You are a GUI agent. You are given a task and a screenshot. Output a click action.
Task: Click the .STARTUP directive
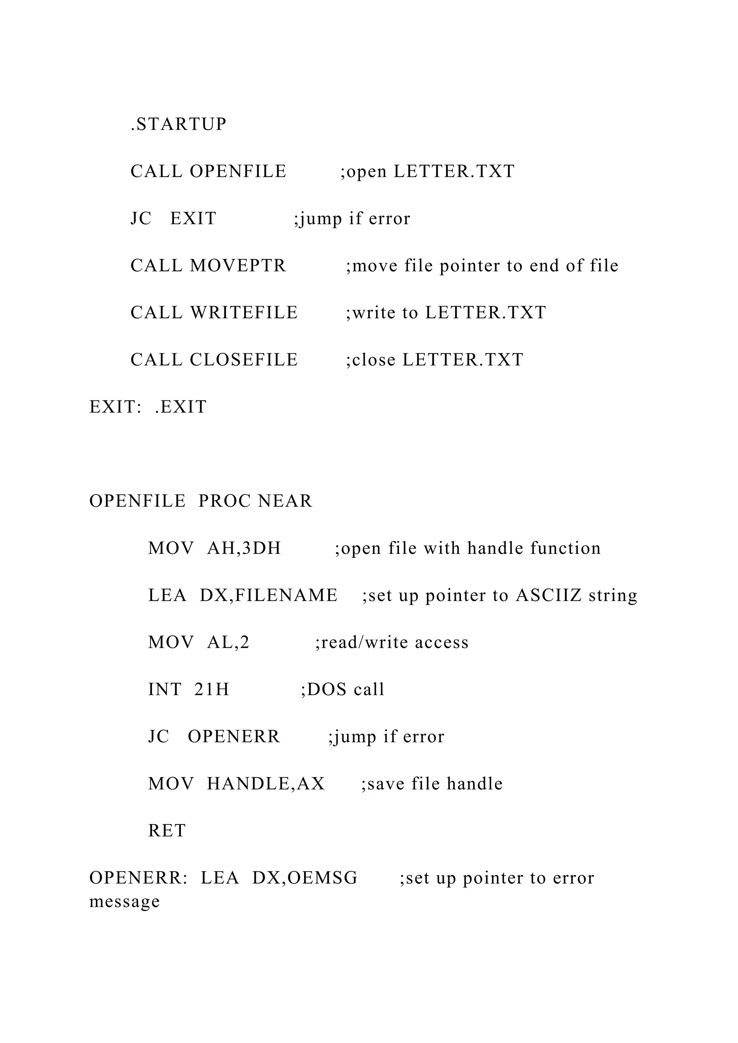[x=179, y=124]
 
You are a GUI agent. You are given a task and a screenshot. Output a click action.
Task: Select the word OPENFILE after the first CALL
[x=238, y=171]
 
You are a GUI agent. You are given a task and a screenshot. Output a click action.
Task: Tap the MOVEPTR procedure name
[x=238, y=266]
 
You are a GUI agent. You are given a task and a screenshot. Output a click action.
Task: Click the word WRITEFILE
[x=244, y=313]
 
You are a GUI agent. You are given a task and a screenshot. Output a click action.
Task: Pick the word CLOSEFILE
[x=244, y=360]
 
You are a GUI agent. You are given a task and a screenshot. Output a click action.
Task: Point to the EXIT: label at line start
[x=115, y=407]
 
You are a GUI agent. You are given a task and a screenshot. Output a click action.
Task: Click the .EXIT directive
[x=181, y=407]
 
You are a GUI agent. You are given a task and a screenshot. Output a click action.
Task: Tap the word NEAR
[x=285, y=501]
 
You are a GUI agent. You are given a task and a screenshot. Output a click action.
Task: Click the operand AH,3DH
[x=244, y=548]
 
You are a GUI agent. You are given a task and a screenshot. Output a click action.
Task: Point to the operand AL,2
[x=228, y=643]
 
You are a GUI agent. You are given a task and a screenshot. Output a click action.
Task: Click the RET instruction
[x=167, y=831]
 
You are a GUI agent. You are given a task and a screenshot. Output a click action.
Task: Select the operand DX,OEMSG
[x=305, y=878]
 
